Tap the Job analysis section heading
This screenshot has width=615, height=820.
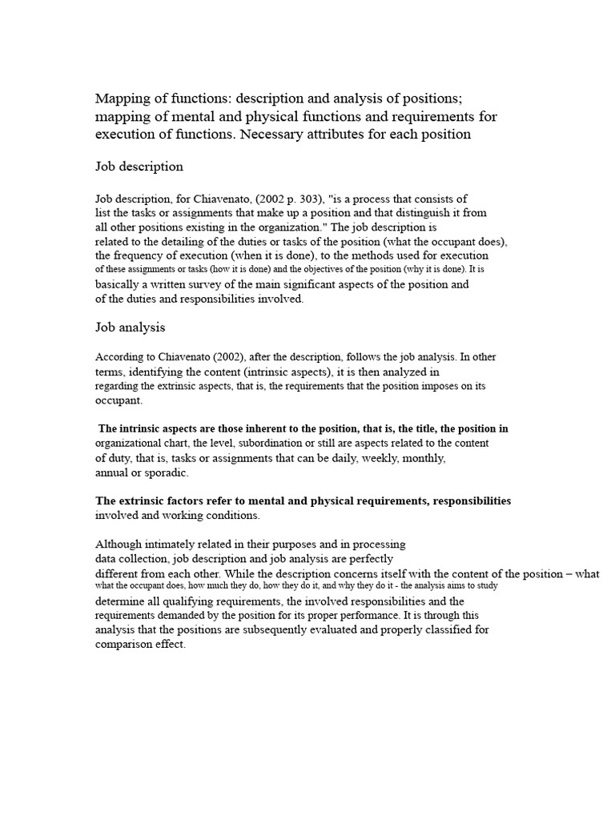(x=131, y=328)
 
